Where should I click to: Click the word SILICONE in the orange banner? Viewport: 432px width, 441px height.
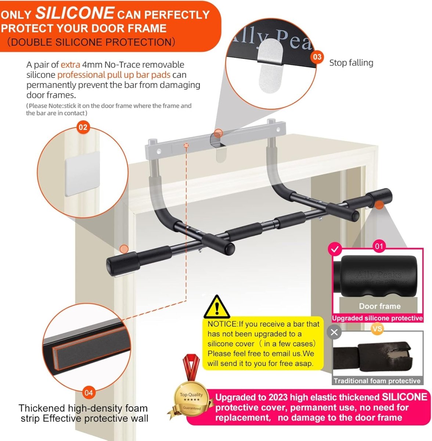tap(75, 14)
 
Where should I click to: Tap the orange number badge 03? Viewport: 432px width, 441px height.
tap(317, 57)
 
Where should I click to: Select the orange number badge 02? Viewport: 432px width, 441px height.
tap(83, 128)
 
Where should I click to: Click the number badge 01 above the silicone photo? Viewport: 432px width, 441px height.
tap(379, 246)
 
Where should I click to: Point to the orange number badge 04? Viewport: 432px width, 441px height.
tap(89, 392)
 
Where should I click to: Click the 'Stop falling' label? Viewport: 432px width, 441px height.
tap(351, 63)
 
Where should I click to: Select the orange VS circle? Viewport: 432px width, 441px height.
tap(377, 328)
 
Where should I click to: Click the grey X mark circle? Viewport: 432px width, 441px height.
tap(334, 332)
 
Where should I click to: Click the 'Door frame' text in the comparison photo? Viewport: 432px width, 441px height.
tap(379, 306)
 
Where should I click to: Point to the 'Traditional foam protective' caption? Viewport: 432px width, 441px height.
tap(377, 381)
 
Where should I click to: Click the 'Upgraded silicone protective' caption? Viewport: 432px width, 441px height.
tap(377, 318)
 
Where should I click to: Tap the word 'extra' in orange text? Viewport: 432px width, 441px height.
tap(70, 65)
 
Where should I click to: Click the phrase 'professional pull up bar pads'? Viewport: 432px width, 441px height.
tap(114, 75)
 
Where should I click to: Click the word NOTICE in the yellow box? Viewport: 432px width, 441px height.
tap(223, 324)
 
